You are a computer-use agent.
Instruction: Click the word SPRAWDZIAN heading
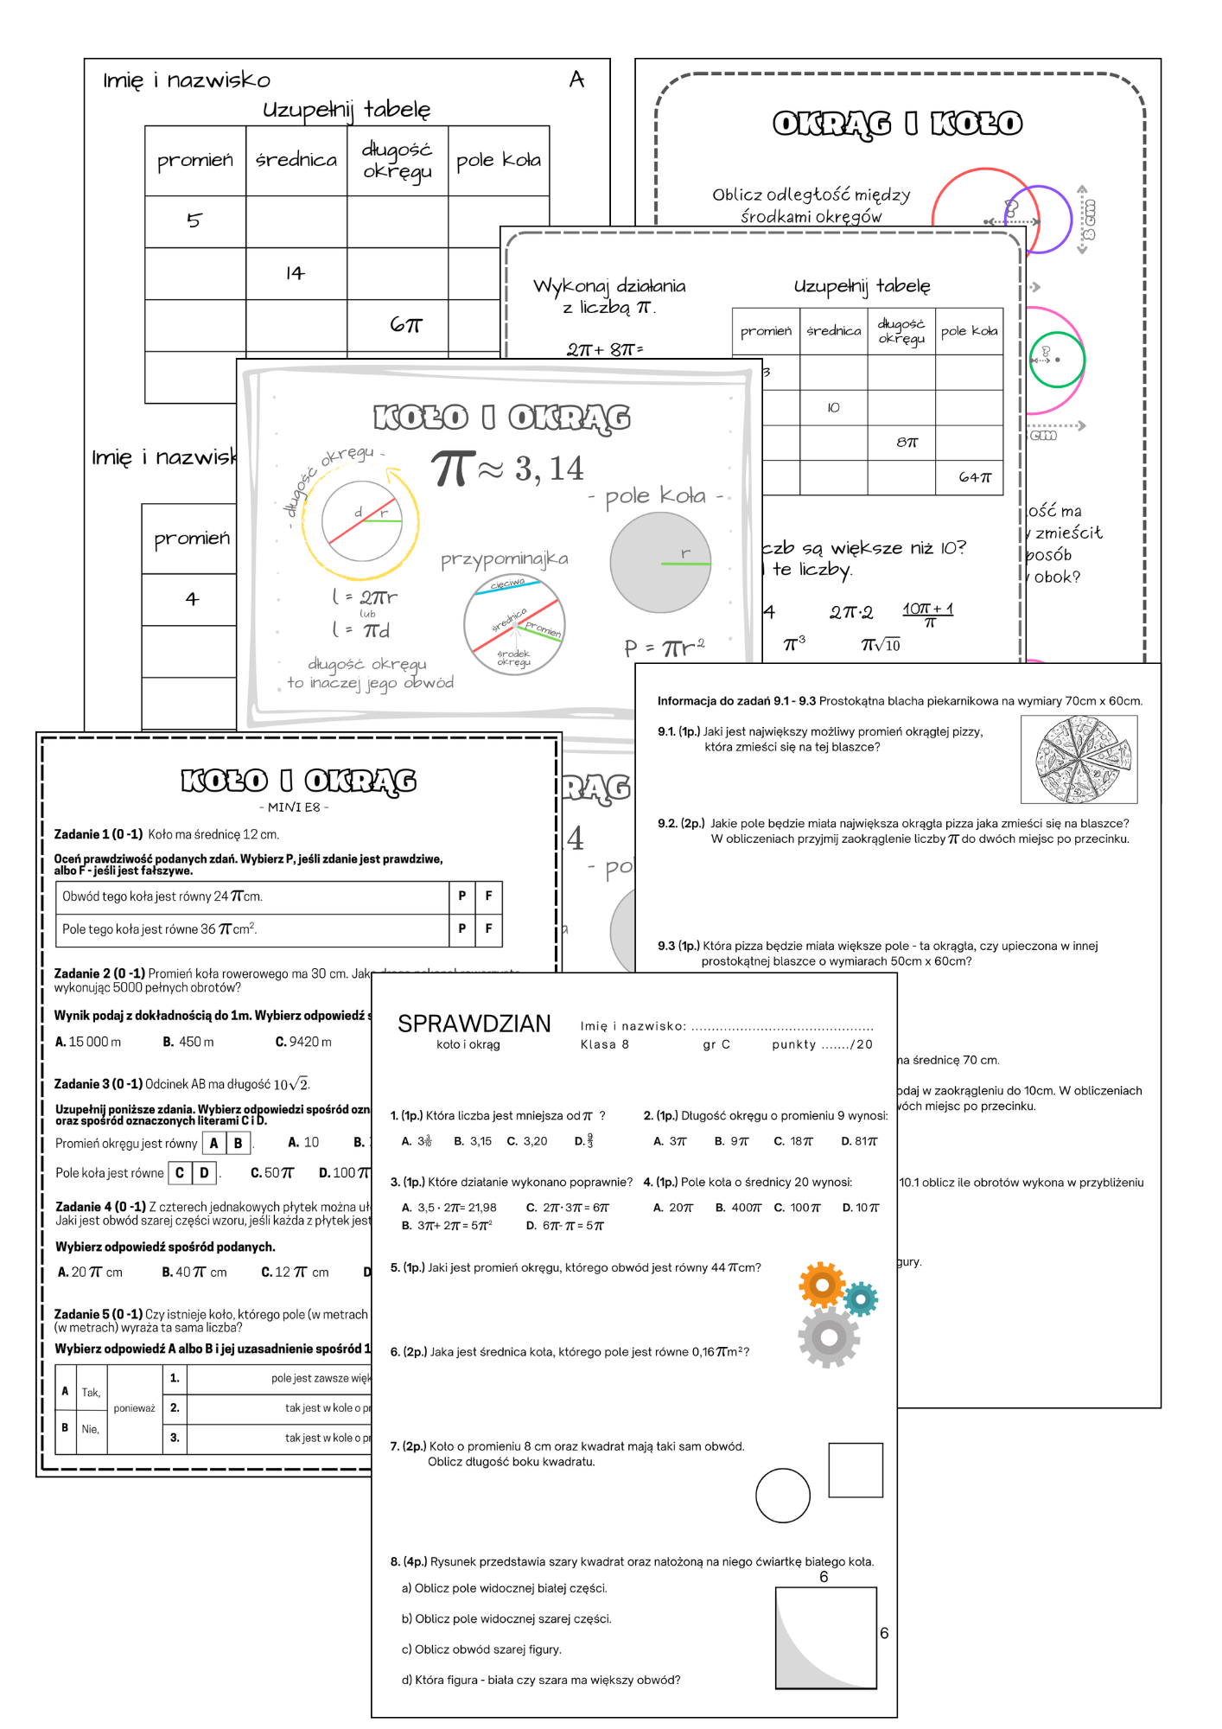click(x=474, y=1024)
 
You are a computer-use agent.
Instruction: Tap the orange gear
click(x=822, y=1286)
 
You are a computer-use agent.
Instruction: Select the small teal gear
click(x=861, y=1298)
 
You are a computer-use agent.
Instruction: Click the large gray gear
click(x=829, y=1337)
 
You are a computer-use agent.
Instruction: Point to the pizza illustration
click(x=1079, y=760)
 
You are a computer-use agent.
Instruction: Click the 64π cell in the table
click(x=974, y=477)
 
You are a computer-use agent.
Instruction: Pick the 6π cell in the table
click(x=405, y=325)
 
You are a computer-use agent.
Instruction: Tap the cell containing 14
click(x=296, y=273)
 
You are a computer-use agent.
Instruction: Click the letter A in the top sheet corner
click(x=576, y=80)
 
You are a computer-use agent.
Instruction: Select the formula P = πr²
click(x=664, y=648)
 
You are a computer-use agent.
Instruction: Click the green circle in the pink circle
click(x=1056, y=360)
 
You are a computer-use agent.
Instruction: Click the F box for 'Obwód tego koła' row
click(x=488, y=896)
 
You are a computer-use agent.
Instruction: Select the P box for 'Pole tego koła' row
click(x=461, y=928)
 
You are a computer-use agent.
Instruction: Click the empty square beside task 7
click(x=856, y=1470)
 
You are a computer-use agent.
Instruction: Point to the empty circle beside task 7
click(x=783, y=1496)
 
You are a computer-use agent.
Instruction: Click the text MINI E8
click(x=294, y=807)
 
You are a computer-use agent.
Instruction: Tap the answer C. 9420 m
click(x=303, y=1042)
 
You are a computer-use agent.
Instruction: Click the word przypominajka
click(x=505, y=559)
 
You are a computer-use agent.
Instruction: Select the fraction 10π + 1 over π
click(x=928, y=614)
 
